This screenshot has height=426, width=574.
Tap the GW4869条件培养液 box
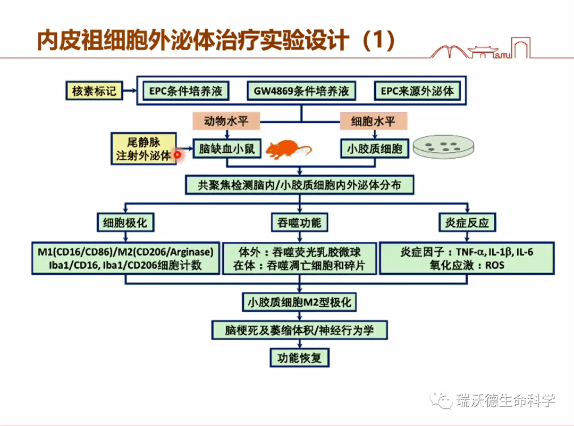click(x=301, y=91)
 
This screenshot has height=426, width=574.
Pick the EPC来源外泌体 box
click(x=417, y=91)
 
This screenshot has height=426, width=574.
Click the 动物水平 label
click(x=226, y=121)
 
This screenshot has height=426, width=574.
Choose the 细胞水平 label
click(x=374, y=121)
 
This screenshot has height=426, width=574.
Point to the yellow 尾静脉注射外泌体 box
click(x=144, y=149)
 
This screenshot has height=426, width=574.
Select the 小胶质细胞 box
click(x=374, y=149)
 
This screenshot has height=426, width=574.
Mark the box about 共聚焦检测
click(x=299, y=185)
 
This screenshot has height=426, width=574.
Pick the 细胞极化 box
click(x=125, y=223)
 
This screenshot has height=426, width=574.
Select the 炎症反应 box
click(x=467, y=223)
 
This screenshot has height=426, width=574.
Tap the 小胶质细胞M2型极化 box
click(x=299, y=302)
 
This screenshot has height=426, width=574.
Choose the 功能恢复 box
click(x=299, y=357)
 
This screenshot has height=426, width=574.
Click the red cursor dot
click(x=178, y=155)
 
